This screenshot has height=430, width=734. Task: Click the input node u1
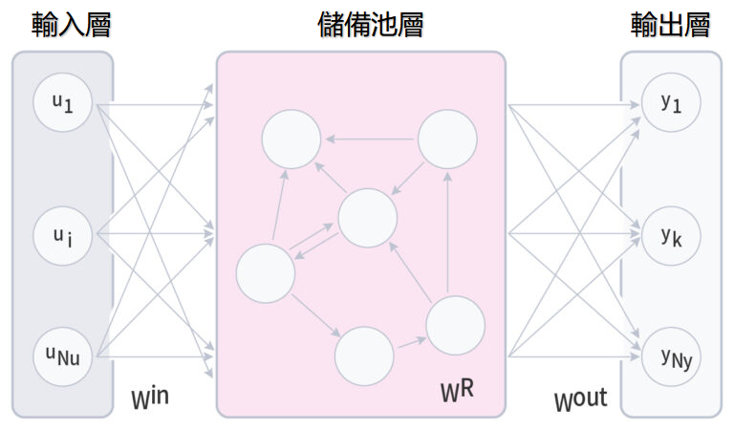(x=62, y=102)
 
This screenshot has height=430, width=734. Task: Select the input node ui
(x=62, y=233)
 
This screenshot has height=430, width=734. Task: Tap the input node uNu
(x=62, y=355)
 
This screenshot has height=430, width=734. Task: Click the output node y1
(x=671, y=102)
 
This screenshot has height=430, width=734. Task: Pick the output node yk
(x=671, y=233)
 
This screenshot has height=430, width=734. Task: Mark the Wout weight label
(x=580, y=398)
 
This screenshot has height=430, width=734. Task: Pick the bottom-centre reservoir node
(x=365, y=355)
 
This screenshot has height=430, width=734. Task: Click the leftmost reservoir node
(x=265, y=273)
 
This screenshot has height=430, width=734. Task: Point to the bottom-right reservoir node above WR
(x=455, y=325)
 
